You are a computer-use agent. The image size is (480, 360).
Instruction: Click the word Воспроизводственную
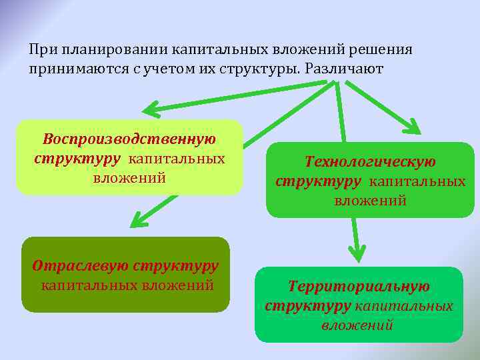click(x=129, y=140)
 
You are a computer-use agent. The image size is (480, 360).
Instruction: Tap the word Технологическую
click(x=370, y=162)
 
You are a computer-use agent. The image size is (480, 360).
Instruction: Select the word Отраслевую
click(x=80, y=265)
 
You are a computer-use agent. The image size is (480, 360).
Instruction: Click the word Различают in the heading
click(x=346, y=69)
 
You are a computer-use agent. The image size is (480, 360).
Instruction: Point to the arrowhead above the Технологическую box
click(x=413, y=127)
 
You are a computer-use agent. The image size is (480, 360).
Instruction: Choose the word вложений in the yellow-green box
click(x=129, y=178)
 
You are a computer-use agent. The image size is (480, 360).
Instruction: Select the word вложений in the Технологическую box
click(x=370, y=200)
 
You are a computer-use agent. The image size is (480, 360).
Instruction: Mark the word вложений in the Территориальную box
click(x=357, y=325)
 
